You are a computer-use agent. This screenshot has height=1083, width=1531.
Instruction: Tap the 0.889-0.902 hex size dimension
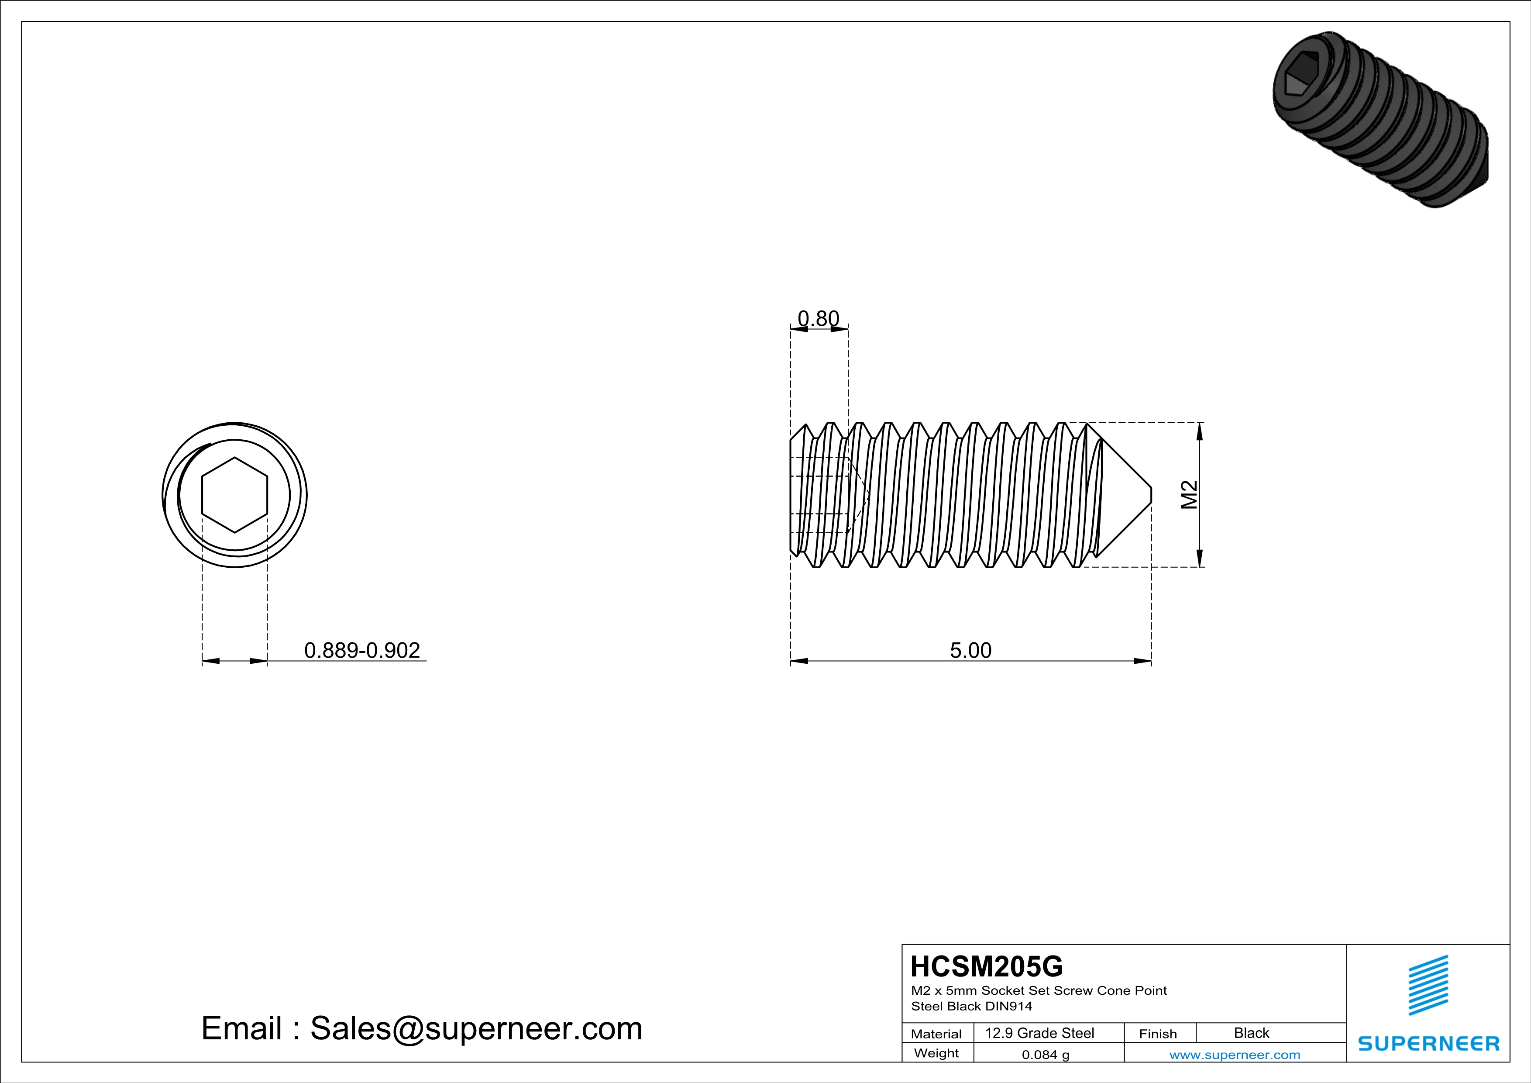pyautogui.click(x=362, y=650)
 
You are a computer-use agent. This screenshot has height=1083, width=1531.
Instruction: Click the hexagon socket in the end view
pyautogui.click(x=235, y=495)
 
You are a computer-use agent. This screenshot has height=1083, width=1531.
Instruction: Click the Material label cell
pyautogui.click(x=936, y=1034)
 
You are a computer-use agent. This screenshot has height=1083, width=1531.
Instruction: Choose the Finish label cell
pyautogui.click(x=1158, y=1034)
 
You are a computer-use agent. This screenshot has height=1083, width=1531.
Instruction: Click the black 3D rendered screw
pyautogui.click(x=1380, y=120)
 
